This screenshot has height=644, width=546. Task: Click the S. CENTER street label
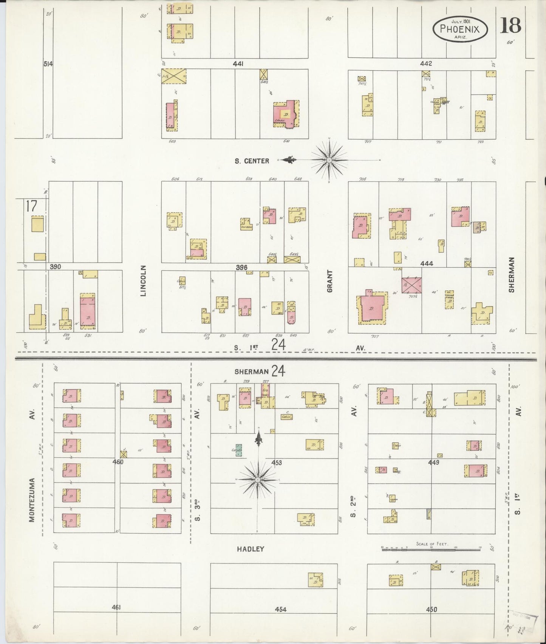(252, 161)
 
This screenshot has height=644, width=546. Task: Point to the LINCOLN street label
(143, 280)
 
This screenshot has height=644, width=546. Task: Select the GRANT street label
(330, 281)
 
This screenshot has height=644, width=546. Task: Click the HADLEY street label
(250, 549)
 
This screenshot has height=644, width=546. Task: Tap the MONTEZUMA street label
(32, 500)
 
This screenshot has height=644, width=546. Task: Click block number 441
(238, 64)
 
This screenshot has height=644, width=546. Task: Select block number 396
(241, 267)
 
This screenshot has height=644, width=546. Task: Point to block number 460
(118, 461)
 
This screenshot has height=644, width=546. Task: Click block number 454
(281, 609)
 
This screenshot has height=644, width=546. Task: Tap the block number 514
(48, 64)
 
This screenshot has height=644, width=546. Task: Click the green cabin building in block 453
(239, 450)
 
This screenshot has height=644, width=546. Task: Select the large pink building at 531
(88, 311)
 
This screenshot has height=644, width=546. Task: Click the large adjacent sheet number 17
(31, 206)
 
